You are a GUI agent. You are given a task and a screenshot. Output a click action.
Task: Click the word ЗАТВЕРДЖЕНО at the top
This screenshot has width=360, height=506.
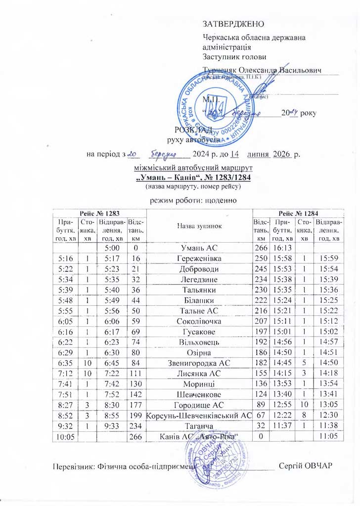234,24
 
